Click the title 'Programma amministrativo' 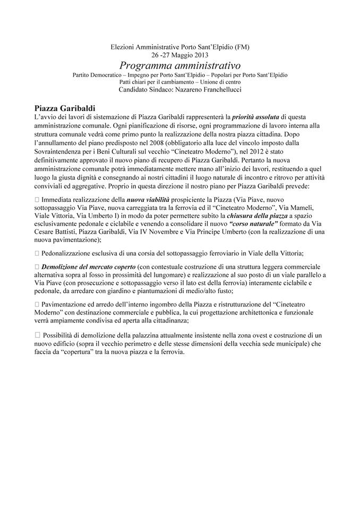pos(179,65)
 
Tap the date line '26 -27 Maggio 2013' pos(179,55)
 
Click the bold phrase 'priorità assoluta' pos(252,116)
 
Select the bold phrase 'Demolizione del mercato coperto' pos(89,266)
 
